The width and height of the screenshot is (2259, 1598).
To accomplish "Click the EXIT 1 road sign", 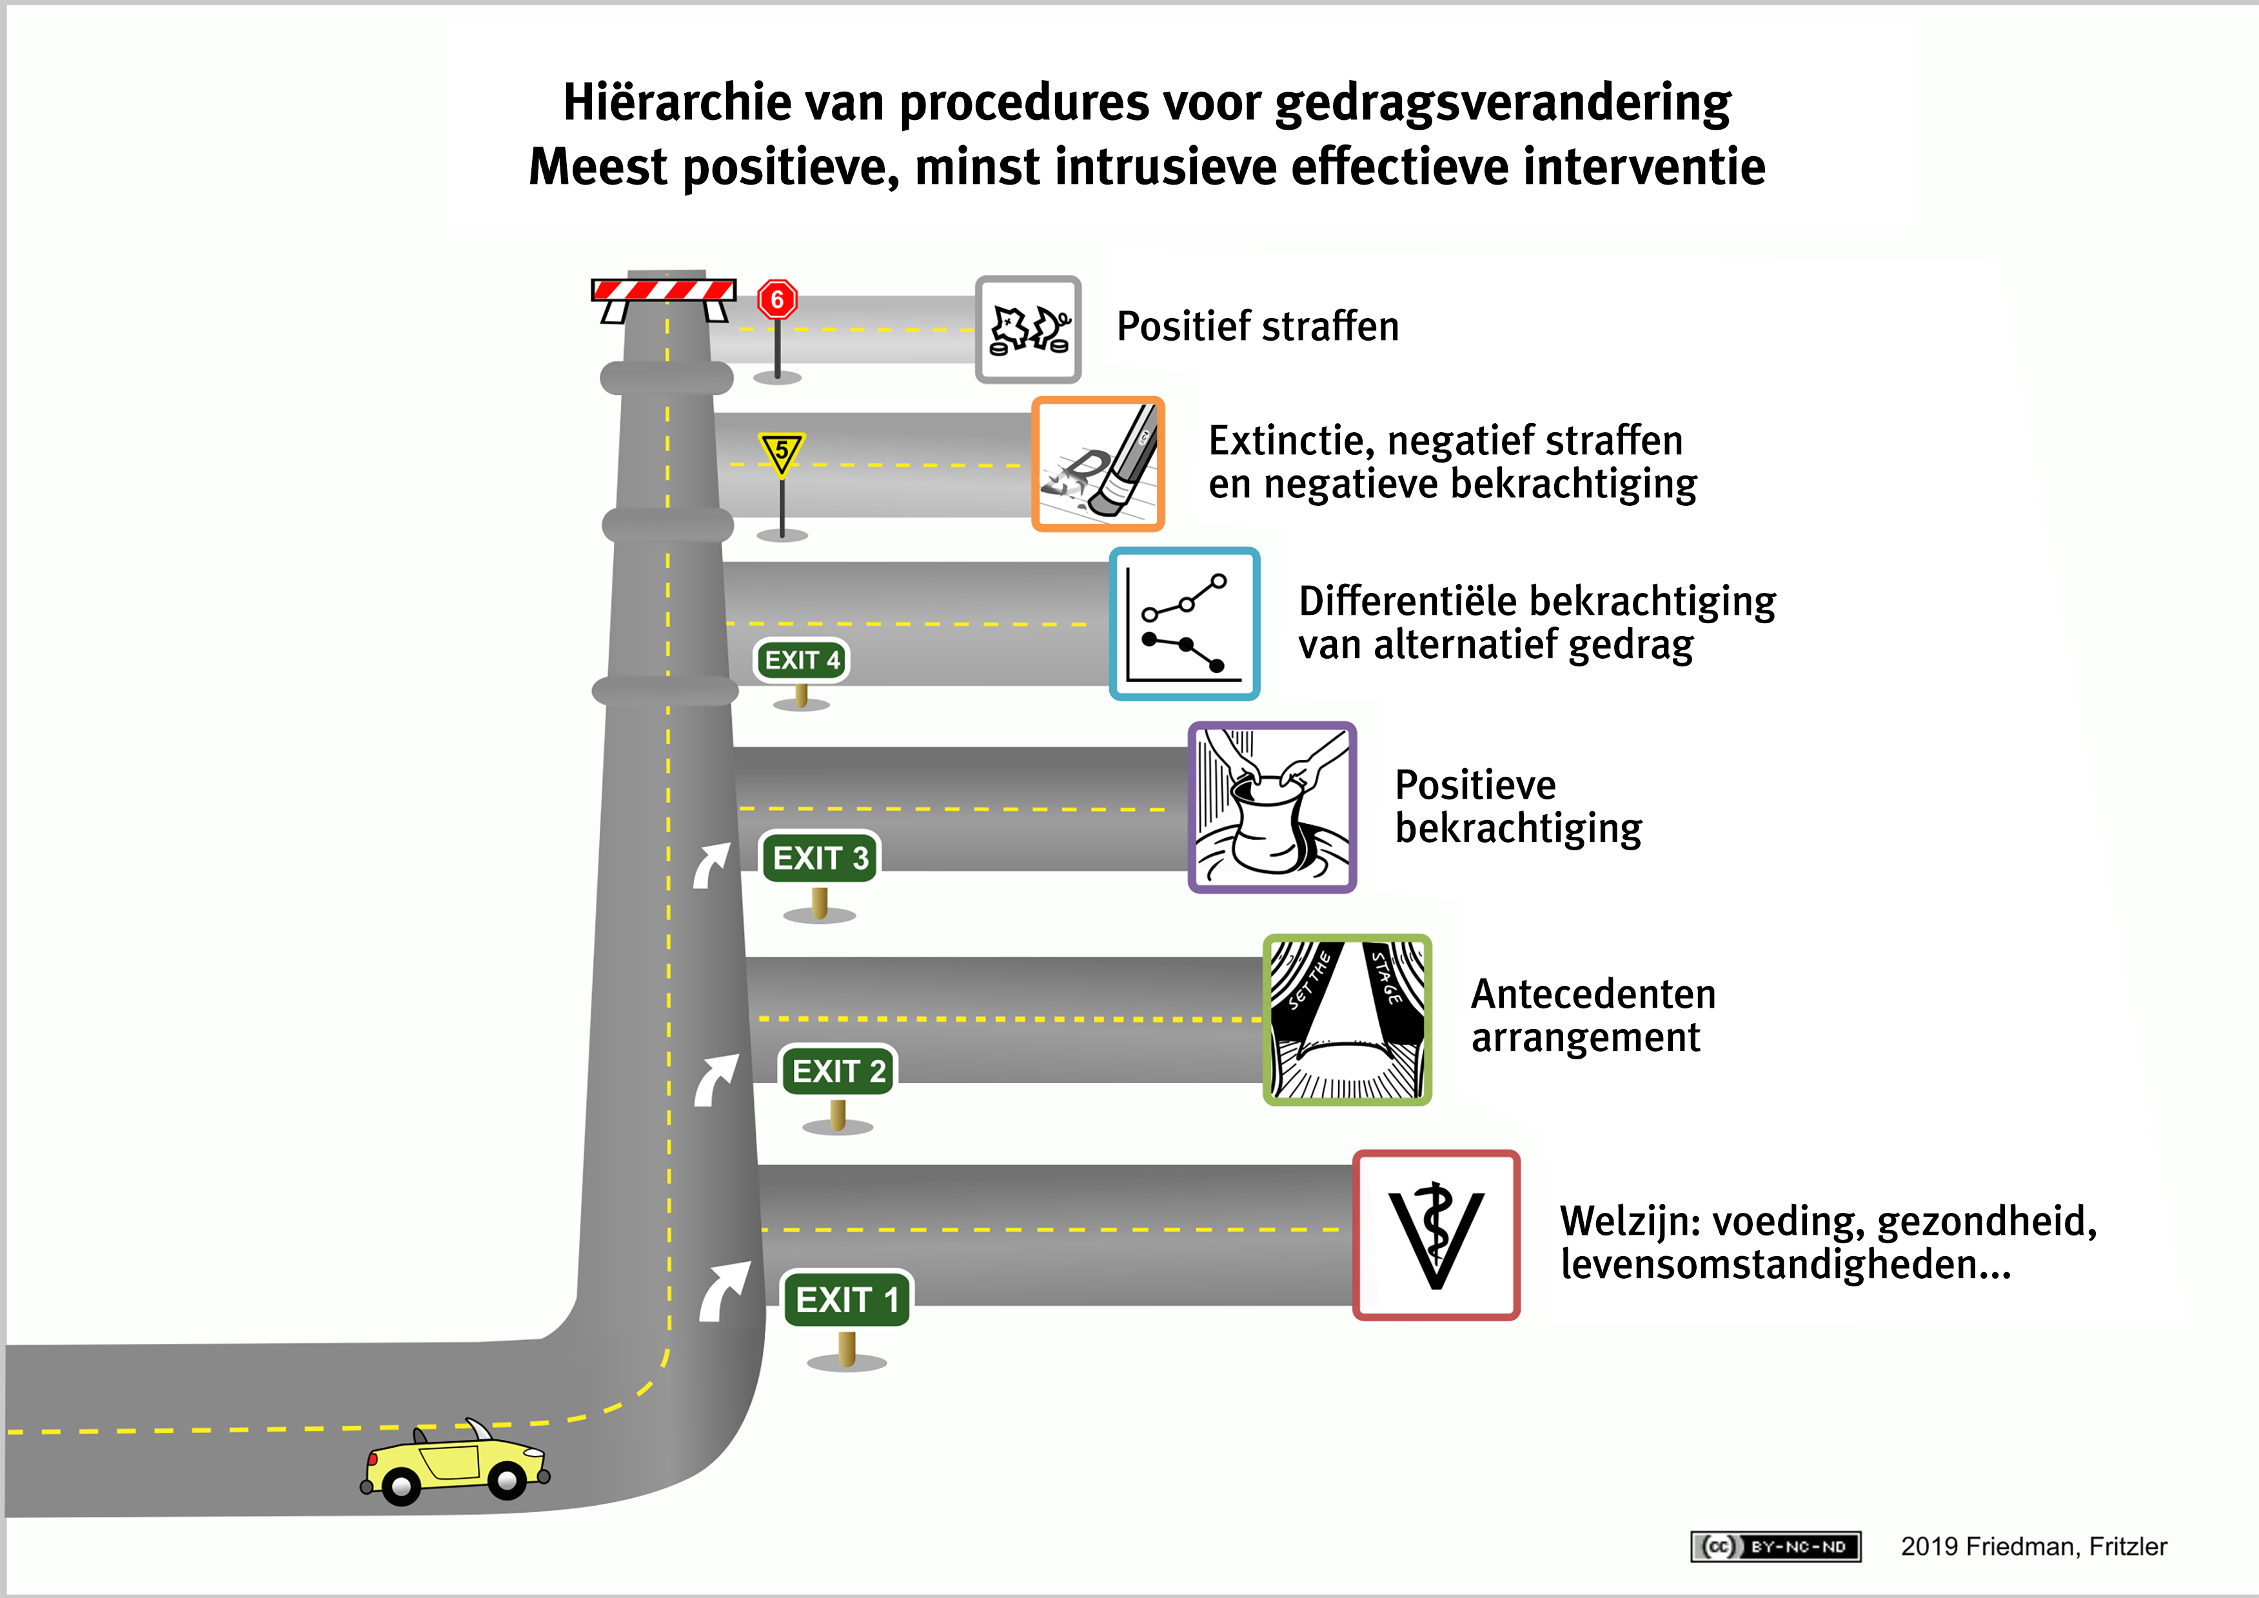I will (x=846, y=1299).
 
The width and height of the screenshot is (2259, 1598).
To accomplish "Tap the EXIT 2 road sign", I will (x=838, y=1070).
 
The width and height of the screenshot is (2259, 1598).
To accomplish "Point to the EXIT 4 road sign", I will (x=801, y=660).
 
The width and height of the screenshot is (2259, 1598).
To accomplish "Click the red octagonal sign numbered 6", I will (x=777, y=299).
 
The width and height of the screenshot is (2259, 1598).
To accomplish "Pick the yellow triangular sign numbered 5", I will (x=781, y=453).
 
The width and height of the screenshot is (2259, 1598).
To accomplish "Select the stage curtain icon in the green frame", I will (x=1347, y=1019).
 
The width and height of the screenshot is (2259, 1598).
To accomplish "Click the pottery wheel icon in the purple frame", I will (x=1272, y=808).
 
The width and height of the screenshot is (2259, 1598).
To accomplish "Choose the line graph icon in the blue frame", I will (x=1185, y=624).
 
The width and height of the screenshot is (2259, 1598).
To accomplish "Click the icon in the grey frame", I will (x=1028, y=328).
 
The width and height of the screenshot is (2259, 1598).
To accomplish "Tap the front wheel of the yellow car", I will (x=507, y=1479).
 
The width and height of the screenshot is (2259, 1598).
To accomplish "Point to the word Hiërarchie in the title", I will (x=677, y=103).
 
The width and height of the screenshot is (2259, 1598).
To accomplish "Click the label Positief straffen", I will (x=1258, y=326).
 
